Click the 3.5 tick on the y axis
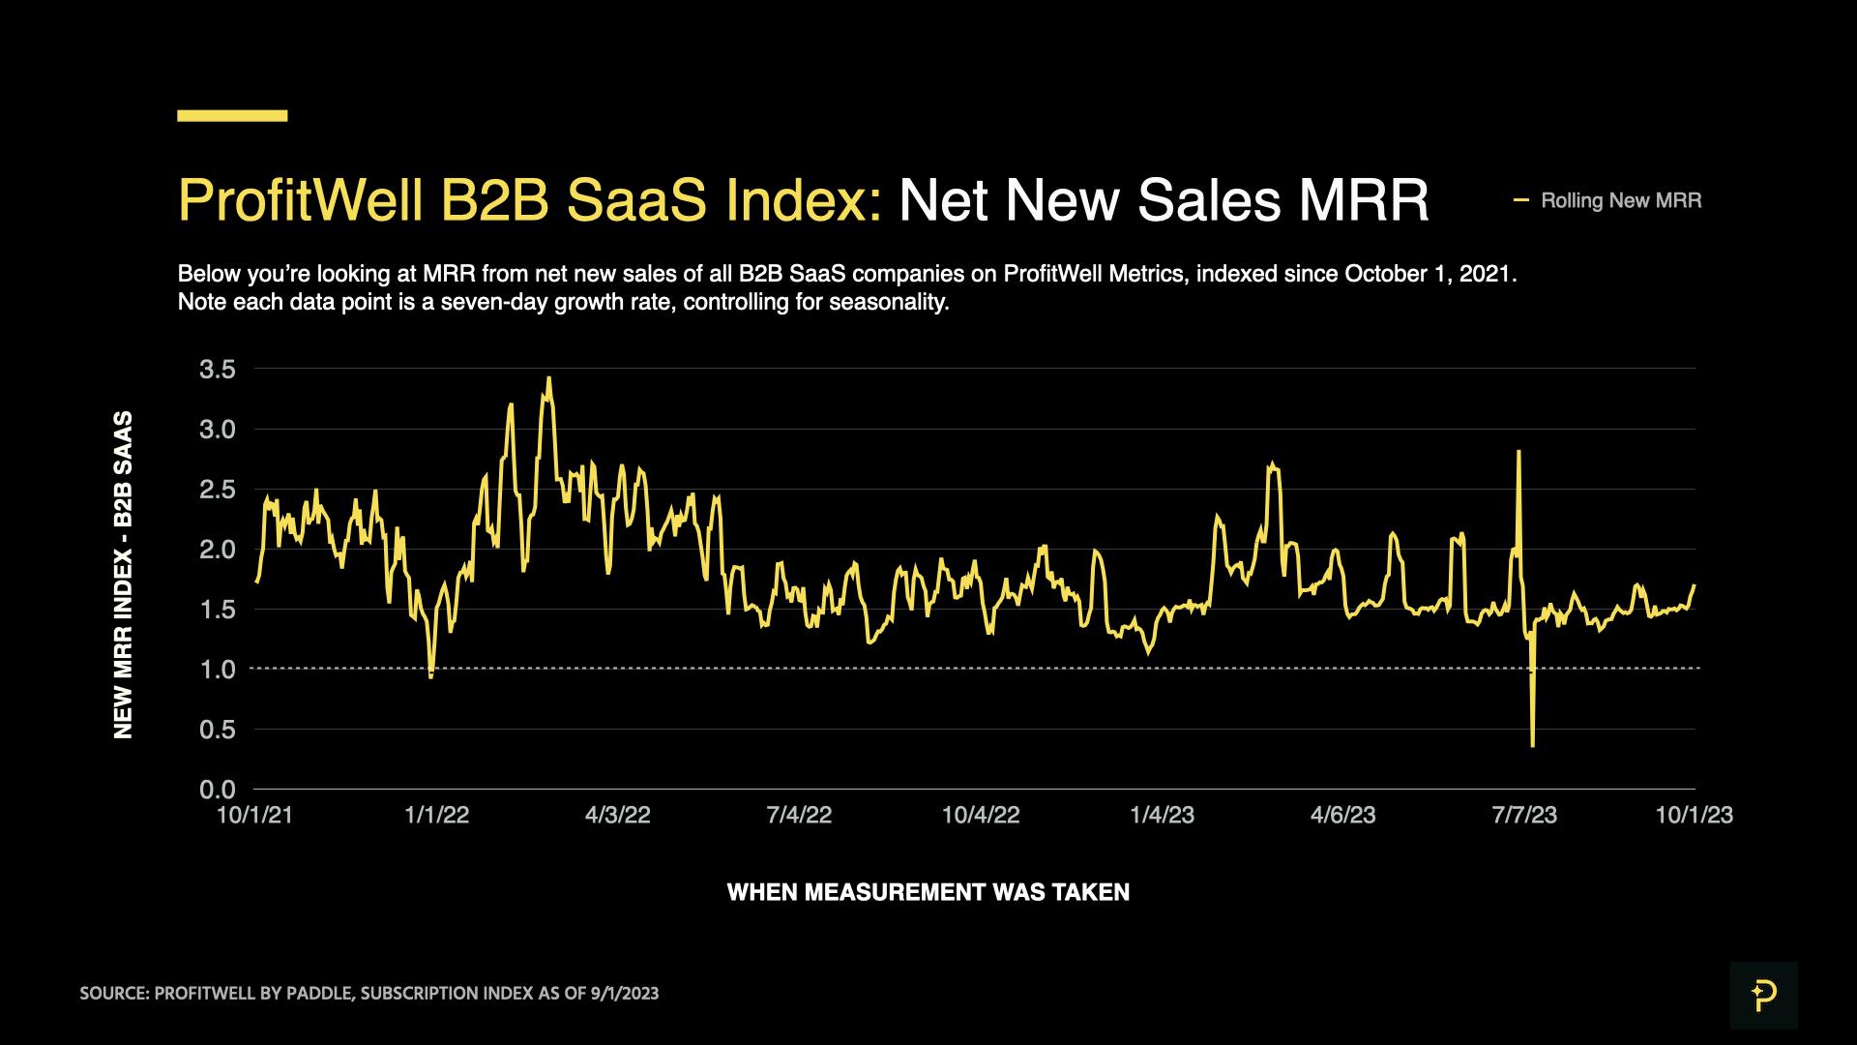217,369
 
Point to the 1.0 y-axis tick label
217,669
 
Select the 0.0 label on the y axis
217,790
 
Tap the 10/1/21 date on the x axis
254,815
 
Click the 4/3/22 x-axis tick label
617,815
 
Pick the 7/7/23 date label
1524,815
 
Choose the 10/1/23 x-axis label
1694,815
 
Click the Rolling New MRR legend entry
1620,200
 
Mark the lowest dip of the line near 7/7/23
1533,745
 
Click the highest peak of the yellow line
548,378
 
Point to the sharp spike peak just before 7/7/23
1519,452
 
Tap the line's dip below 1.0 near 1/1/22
430,675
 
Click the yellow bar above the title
232,115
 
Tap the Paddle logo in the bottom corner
1763,995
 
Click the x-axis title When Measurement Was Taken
928,892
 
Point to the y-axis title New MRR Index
124,575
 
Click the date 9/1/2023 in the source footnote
624,994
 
